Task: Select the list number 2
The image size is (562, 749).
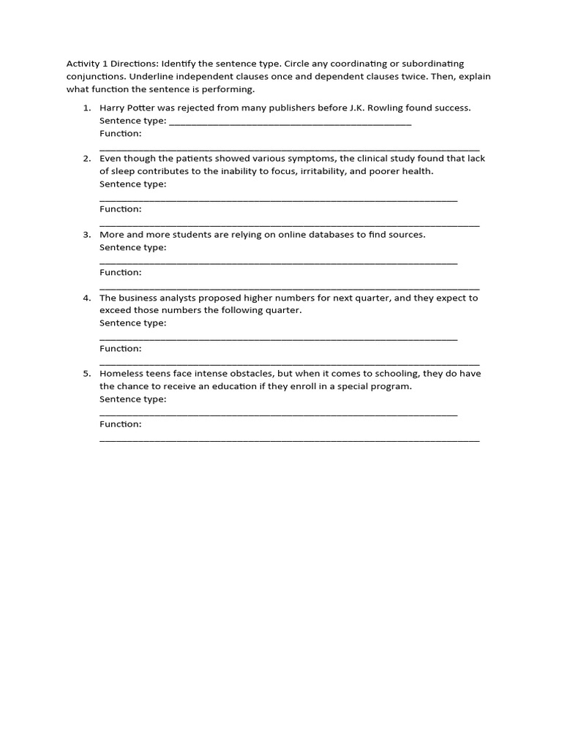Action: pos(86,159)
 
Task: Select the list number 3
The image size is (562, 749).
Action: pos(86,235)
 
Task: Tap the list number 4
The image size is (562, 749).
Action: pos(86,298)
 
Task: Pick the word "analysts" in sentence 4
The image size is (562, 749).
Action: pos(187,298)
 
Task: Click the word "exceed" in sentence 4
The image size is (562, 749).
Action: pos(115,310)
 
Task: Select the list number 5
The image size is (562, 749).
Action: pos(86,374)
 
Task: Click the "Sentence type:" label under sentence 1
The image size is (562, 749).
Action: pos(132,121)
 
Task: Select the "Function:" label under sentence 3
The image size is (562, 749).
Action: pos(121,272)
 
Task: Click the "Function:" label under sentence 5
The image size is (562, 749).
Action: pos(121,424)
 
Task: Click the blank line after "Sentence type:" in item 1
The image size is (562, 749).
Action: pos(290,124)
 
